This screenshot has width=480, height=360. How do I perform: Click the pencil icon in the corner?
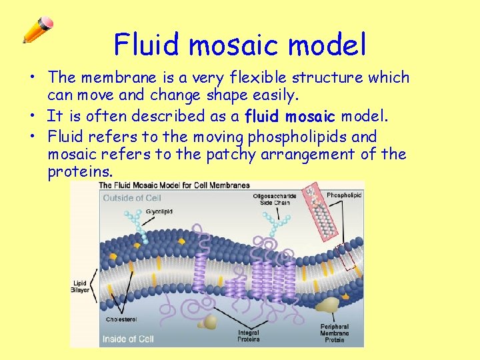coord(37,30)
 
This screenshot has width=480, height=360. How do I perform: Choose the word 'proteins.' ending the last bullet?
coord(80,173)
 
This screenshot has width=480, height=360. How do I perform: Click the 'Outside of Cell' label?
coord(131,198)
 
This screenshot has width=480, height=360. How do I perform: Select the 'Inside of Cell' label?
coord(128,339)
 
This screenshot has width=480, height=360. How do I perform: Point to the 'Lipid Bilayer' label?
coord(80,287)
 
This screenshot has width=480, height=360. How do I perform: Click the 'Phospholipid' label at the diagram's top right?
coord(345,195)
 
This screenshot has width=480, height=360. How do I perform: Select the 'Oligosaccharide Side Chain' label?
coord(271,199)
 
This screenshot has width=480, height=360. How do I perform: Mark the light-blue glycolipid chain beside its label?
coord(136,223)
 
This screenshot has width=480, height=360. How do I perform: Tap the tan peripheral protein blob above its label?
coord(327,305)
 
